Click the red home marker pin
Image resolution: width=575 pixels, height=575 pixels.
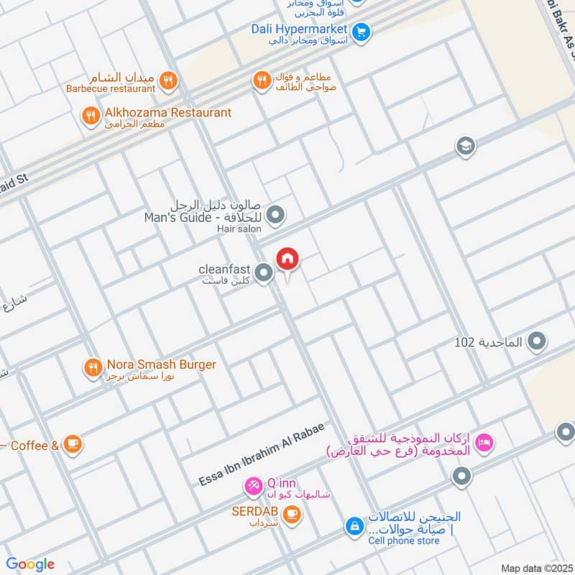[x=287, y=259]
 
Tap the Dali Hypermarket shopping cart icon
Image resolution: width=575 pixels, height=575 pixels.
[x=362, y=32]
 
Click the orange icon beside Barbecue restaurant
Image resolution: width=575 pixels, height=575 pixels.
[x=167, y=80]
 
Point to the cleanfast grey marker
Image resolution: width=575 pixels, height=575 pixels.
[x=264, y=272]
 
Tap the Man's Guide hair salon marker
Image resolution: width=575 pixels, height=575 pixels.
[x=275, y=214]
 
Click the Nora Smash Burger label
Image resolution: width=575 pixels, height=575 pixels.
[x=161, y=364]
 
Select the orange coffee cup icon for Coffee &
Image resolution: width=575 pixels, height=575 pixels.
[x=72, y=445]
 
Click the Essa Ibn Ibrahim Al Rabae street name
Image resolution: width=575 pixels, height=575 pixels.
[x=262, y=455]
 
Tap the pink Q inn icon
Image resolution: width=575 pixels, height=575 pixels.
[x=253, y=487]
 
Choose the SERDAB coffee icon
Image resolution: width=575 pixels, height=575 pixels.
[x=290, y=513]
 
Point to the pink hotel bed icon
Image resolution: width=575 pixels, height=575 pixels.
[x=484, y=444]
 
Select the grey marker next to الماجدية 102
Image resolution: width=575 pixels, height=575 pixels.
[x=535, y=342]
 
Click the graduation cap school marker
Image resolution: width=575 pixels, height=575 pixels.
[x=466, y=147]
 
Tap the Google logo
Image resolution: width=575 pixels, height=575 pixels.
[x=30, y=564]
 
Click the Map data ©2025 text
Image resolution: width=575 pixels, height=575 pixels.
[x=535, y=568]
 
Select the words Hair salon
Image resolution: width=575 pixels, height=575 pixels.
[x=239, y=229]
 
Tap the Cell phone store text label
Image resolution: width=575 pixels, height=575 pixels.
[x=404, y=540]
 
